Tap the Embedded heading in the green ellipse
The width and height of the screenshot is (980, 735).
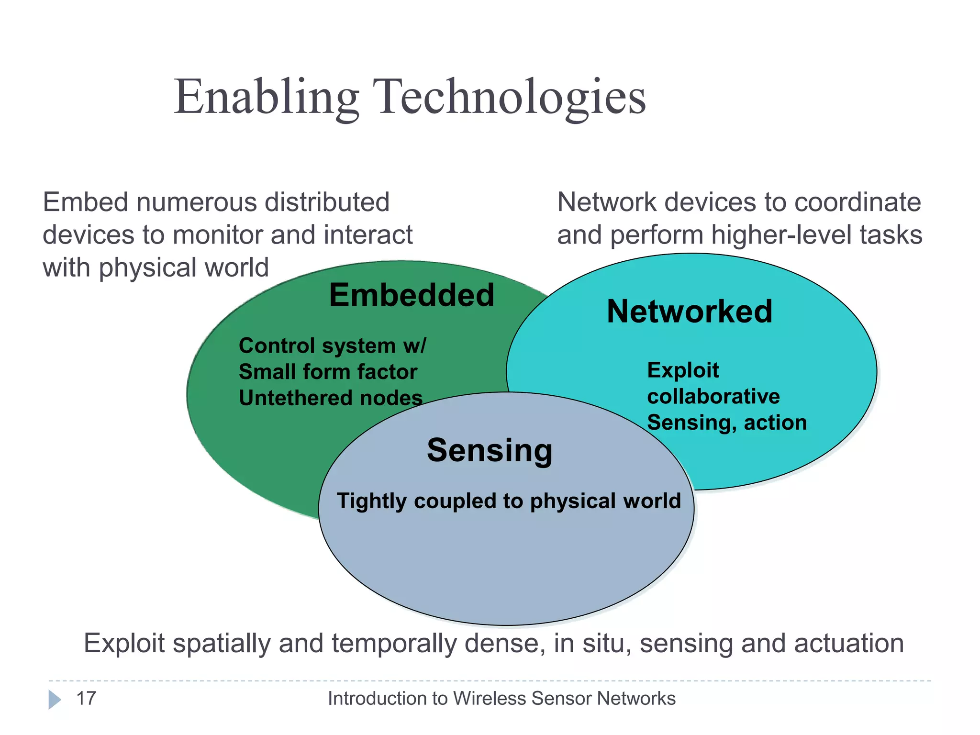412,295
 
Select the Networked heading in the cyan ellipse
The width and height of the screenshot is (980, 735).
690,312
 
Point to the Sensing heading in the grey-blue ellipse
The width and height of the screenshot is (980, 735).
490,450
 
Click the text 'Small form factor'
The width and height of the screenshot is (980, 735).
328,372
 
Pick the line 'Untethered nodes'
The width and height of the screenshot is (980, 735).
330,398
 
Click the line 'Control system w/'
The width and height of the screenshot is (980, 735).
332,345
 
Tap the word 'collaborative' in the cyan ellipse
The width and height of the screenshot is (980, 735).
713,396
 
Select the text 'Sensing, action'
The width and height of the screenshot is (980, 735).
726,423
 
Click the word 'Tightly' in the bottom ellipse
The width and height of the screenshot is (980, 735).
371,501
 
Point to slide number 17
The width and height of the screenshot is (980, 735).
86,698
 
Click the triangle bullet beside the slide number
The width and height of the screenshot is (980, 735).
54,700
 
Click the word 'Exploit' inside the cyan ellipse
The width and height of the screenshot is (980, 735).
683,370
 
